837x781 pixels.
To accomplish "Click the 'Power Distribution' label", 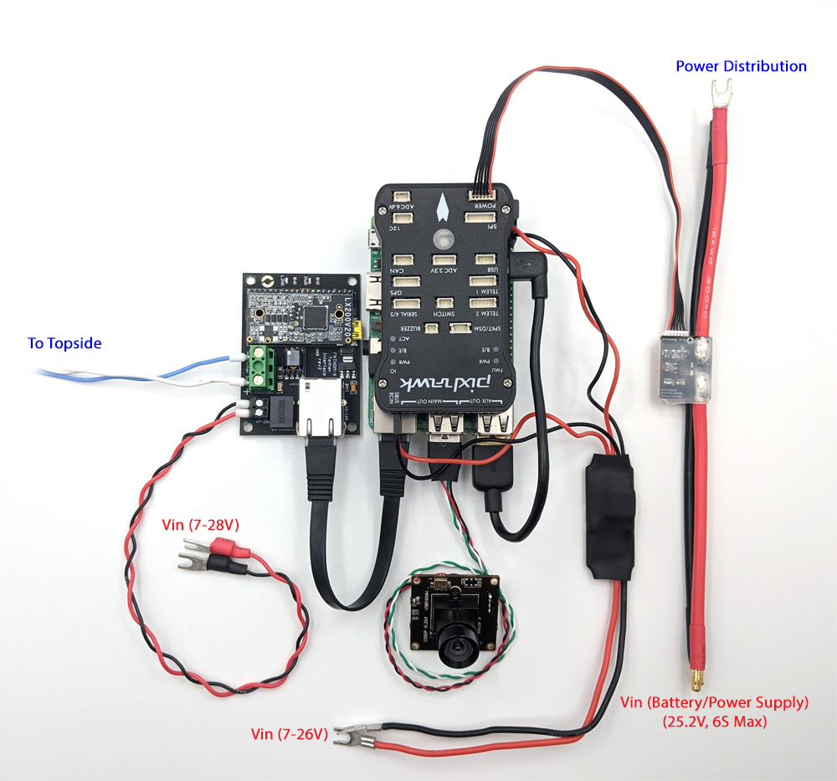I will [x=741, y=66].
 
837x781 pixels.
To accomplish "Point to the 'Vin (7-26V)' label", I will [x=289, y=734].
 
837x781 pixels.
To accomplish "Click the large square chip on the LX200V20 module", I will [x=316, y=316].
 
